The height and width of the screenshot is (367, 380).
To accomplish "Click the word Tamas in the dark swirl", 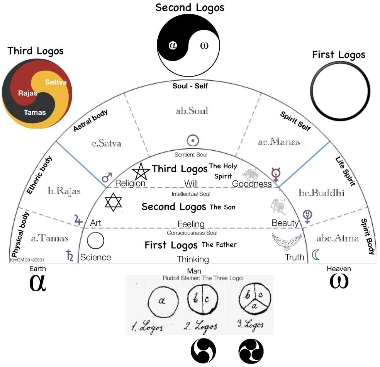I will (x=35, y=112).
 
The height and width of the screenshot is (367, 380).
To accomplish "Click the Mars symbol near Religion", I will (x=107, y=178).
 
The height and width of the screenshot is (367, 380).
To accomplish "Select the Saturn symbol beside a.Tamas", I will (x=70, y=255).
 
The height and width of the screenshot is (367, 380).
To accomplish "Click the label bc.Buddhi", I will (x=321, y=192).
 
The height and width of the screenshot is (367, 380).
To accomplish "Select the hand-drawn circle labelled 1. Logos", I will (x=163, y=303).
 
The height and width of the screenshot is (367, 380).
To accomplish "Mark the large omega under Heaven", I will (x=339, y=282).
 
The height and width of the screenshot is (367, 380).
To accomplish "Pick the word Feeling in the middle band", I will (x=191, y=224).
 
